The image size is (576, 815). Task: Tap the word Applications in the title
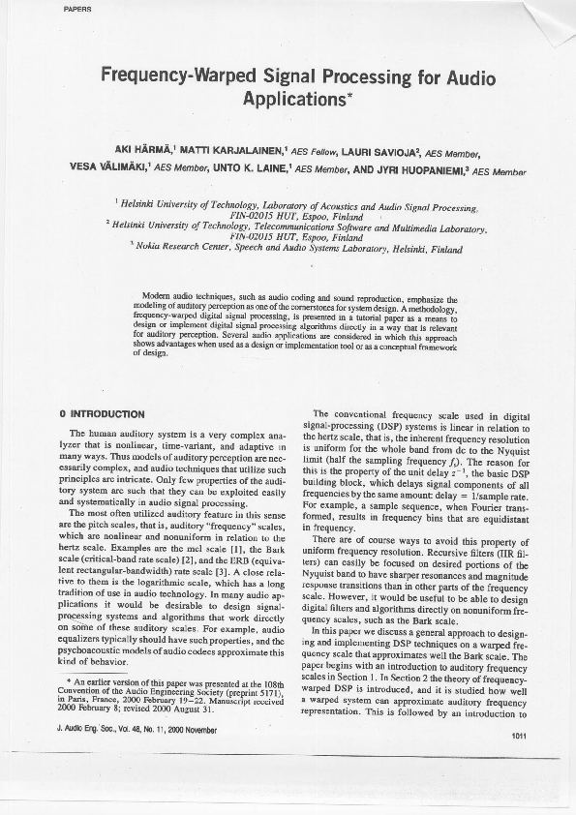[292, 98]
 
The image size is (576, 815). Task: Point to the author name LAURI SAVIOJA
[381, 151]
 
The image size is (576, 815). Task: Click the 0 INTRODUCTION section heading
[103, 414]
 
